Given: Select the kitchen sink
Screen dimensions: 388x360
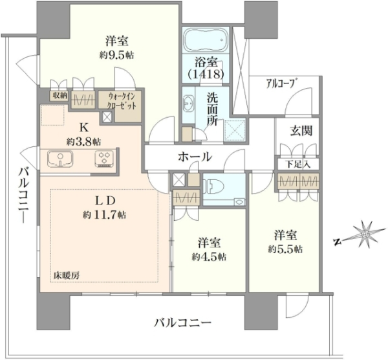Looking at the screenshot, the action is point(60,159).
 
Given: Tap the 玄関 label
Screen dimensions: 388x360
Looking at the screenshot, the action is point(301,130).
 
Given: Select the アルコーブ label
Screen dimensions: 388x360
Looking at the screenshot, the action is point(281,84).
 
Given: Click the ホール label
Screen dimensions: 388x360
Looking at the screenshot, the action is point(195,157).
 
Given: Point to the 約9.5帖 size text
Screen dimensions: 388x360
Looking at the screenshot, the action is point(117,55).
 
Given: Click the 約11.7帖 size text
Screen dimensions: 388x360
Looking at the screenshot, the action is point(105,214).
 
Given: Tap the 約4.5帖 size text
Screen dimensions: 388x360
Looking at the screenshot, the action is point(209,257).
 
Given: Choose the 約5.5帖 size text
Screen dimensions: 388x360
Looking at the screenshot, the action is point(285,249).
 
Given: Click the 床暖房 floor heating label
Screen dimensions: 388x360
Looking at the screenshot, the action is point(67,275).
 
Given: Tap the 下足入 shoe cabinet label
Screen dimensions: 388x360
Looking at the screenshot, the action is point(297,164).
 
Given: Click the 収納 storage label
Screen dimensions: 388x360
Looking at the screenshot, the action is point(59,96).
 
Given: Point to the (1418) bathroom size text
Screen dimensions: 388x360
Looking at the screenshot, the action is point(206,74).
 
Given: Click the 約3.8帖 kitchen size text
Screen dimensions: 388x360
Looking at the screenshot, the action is point(83,141).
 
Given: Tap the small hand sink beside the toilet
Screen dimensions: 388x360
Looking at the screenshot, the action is point(239,202).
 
